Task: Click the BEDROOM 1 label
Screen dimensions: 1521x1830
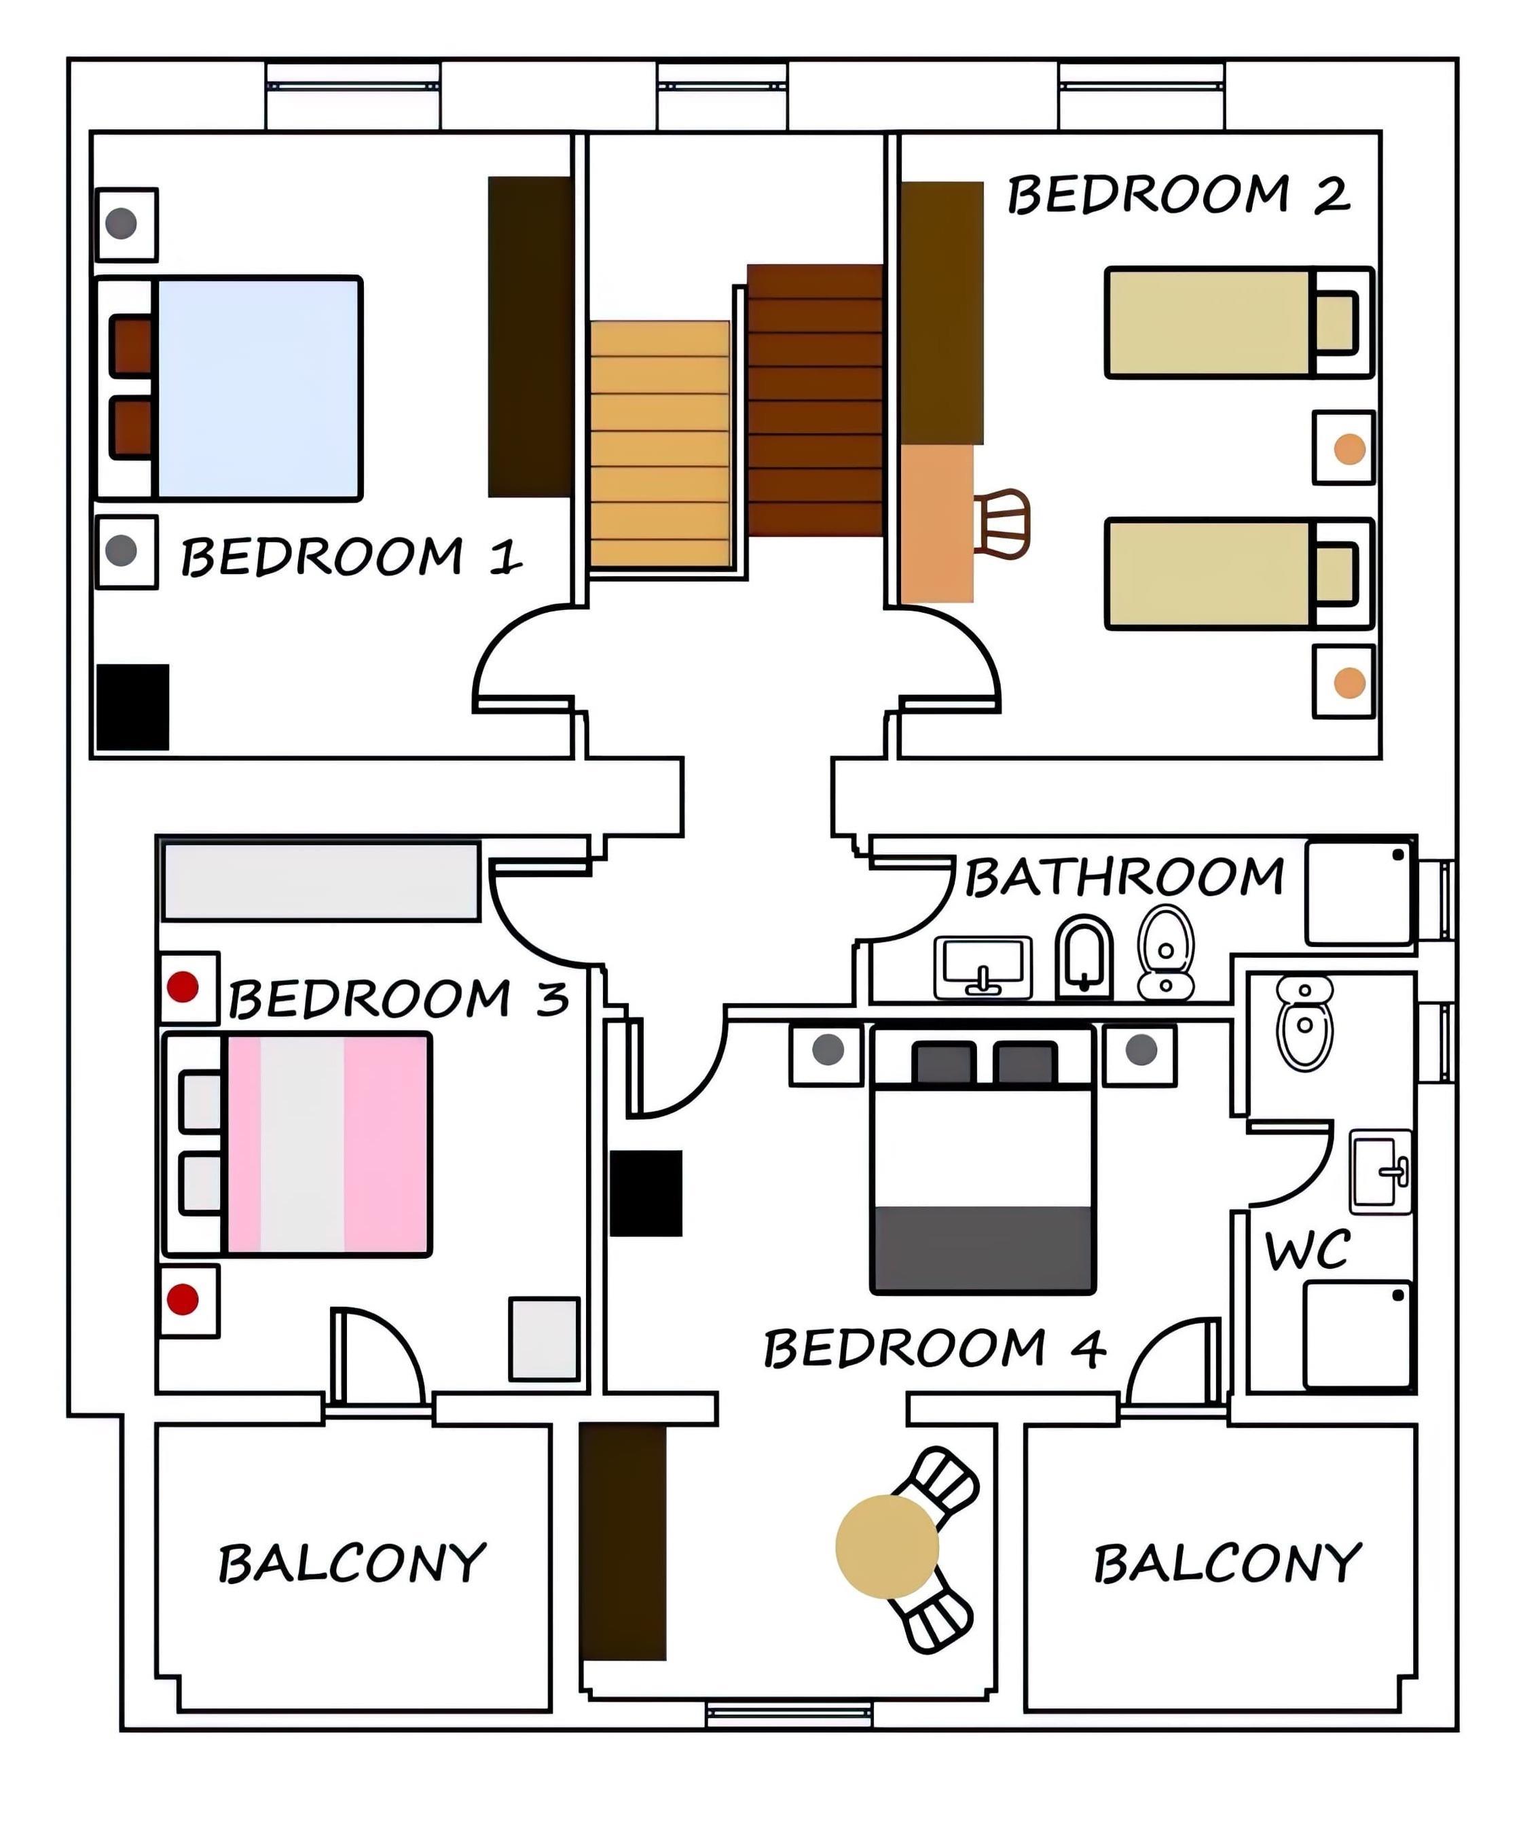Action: [x=351, y=557]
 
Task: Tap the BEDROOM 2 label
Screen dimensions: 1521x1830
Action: [x=1179, y=194]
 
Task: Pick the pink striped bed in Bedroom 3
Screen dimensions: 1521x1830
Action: [x=327, y=1144]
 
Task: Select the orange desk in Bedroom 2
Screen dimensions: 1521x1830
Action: [x=936, y=524]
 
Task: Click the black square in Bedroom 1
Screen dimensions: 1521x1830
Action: [x=132, y=706]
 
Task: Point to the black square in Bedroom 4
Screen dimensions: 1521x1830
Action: [x=646, y=1193]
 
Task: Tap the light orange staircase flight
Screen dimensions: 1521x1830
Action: [x=659, y=444]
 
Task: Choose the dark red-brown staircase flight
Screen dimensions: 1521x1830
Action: [x=816, y=400]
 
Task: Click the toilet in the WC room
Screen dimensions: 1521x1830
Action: [x=1304, y=1022]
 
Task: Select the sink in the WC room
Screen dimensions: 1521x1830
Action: [x=1380, y=1171]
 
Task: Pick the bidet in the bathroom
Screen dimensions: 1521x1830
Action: [x=1084, y=956]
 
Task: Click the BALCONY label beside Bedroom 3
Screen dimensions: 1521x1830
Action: [x=352, y=1562]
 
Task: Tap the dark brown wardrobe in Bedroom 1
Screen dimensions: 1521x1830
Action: [x=530, y=337]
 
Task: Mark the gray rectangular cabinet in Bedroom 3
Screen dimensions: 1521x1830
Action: [x=321, y=880]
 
